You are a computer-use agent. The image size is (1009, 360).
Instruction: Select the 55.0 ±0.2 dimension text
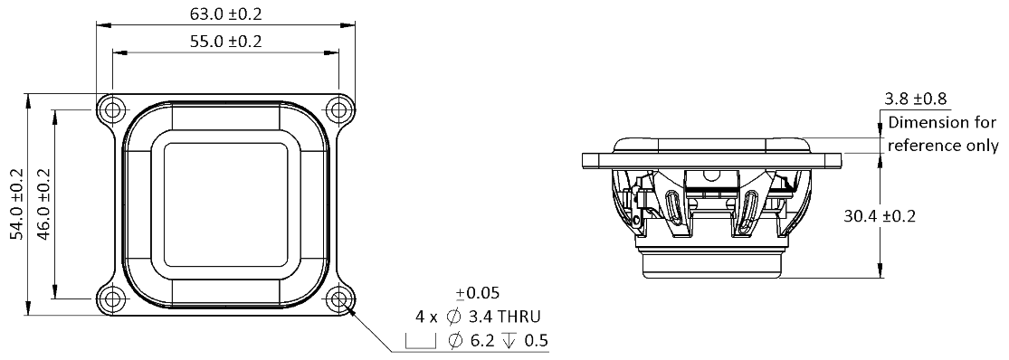click(226, 42)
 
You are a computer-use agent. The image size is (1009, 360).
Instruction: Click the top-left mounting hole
click(111, 109)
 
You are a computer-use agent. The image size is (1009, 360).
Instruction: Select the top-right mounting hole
click(339, 109)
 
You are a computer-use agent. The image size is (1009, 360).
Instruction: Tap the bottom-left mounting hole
click(111, 298)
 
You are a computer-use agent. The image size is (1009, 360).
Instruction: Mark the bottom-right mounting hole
click(339, 298)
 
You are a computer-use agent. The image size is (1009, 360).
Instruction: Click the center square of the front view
click(226, 204)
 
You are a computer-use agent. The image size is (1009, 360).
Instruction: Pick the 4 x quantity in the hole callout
click(424, 317)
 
